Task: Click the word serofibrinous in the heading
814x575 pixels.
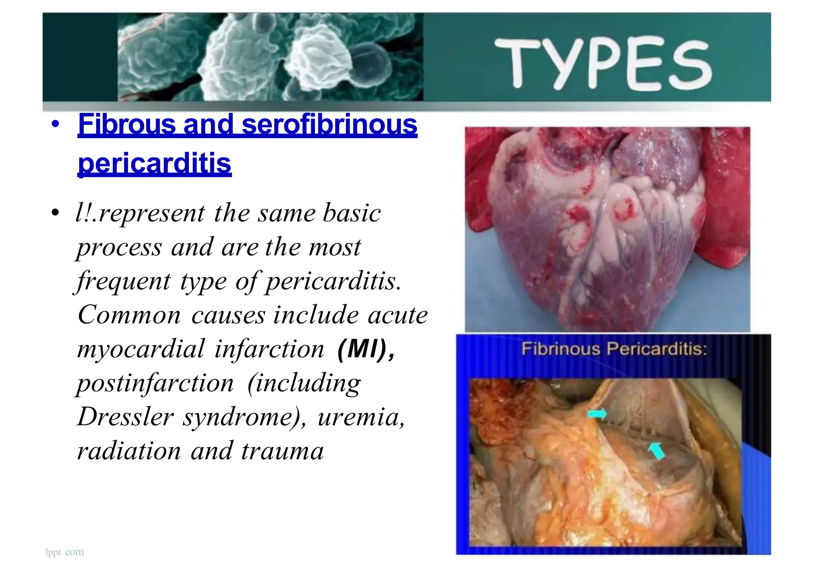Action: click(x=329, y=124)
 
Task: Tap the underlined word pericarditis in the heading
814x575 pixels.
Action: click(x=155, y=163)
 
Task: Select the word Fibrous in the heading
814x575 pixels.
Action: click(x=127, y=124)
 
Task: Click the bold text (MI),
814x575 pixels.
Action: click(x=366, y=349)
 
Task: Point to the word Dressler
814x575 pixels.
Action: click(x=126, y=417)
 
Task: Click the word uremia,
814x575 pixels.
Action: click(x=361, y=417)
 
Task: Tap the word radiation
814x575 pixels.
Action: click(x=129, y=451)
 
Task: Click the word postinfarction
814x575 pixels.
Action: click(x=155, y=383)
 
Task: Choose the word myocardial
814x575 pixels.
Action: click(x=141, y=349)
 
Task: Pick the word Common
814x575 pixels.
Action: click(x=129, y=315)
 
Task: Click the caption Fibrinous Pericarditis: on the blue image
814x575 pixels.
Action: click(x=614, y=349)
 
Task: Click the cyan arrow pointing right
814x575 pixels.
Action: click(x=597, y=414)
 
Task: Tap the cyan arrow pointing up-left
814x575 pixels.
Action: click(x=656, y=451)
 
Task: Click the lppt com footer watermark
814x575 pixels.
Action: click(x=65, y=552)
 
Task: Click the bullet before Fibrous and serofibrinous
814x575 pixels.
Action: click(x=55, y=124)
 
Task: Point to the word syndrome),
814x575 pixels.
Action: click(x=244, y=417)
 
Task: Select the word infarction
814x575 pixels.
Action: click(x=269, y=349)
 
